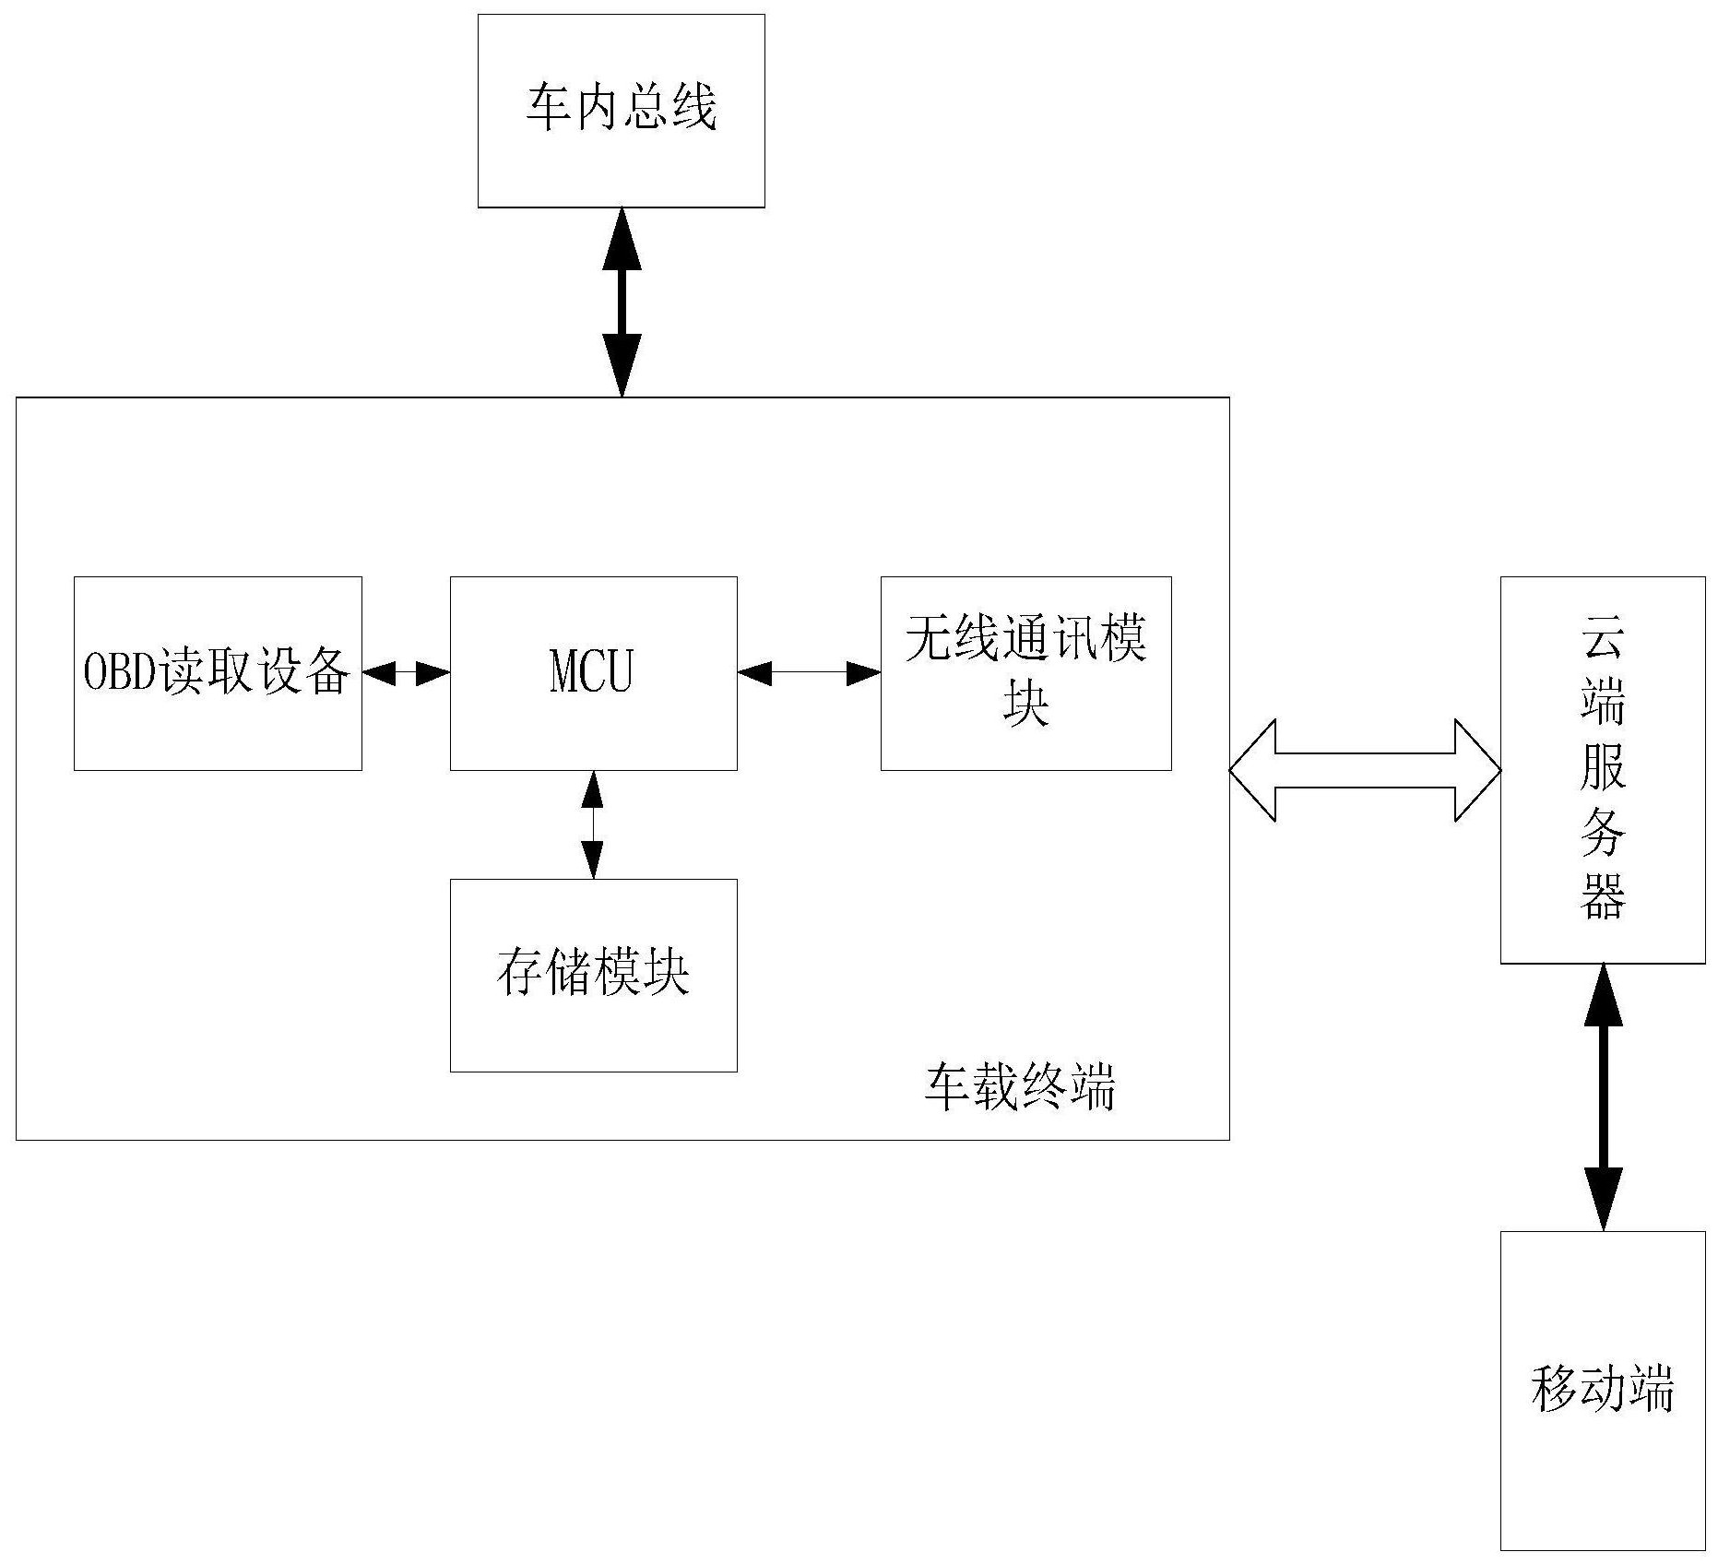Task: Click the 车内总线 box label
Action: (x=621, y=108)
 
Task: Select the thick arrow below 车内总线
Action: (x=622, y=302)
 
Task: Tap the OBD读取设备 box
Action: (x=218, y=673)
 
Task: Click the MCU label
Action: (x=592, y=671)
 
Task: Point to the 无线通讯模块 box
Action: (x=1025, y=673)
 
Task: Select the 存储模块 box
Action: (x=593, y=975)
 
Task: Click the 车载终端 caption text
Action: (x=1020, y=1087)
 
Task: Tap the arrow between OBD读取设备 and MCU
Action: (x=406, y=674)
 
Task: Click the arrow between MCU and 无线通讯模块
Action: (x=809, y=674)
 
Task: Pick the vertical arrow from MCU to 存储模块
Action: (x=593, y=824)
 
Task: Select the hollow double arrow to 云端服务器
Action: (x=1365, y=770)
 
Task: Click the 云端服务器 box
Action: (x=1602, y=770)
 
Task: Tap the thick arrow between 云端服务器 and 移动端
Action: (x=1603, y=1097)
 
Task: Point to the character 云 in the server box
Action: (x=1603, y=636)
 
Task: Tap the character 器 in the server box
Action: (x=1603, y=896)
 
